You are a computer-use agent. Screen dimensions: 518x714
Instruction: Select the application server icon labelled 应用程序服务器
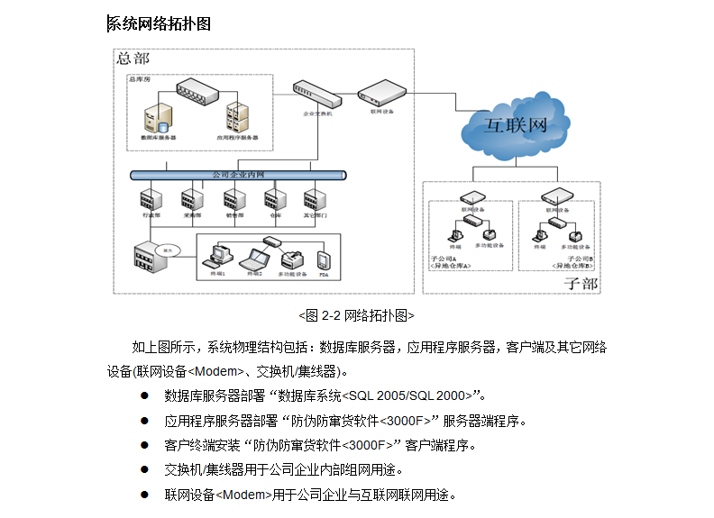237,118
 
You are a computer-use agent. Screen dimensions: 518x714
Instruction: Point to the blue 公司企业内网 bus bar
238,174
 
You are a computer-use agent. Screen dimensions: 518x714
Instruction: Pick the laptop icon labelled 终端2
255,258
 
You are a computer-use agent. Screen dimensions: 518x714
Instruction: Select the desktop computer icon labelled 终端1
217,255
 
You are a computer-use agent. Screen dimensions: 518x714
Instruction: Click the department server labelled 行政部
150,198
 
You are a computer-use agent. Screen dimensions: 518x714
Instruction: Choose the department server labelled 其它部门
314,198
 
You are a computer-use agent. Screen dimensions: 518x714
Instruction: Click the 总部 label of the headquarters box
133,59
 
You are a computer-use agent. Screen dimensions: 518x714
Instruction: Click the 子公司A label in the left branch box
444,259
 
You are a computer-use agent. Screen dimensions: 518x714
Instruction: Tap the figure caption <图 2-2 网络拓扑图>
356,315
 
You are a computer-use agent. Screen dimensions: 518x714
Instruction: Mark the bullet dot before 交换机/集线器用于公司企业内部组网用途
144,469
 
